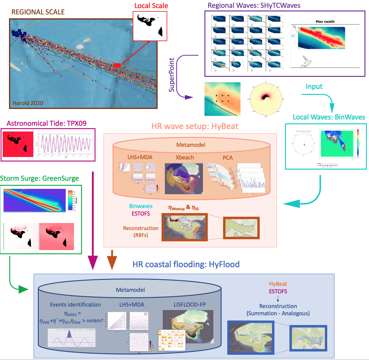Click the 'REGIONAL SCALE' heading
coord(38,12)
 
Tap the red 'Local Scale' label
coord(151,6)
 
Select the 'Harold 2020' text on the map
coord(28,103)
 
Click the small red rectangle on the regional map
coord(117,65)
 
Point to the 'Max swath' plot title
coord(325,22)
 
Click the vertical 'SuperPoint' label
coord(171,75)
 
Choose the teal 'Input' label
coord(314,87)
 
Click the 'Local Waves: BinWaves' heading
coord(329,117)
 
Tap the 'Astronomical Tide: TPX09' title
coord(47,123)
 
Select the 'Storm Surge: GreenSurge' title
coord(39,178)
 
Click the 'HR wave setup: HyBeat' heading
coord(195,126)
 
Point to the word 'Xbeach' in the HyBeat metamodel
coord(185,158)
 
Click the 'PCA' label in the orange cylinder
coord(228,158)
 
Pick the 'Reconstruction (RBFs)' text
coord(141,231)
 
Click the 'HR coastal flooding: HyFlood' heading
coord(186,264)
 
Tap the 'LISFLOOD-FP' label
coord(189,304)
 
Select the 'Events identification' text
coord(75,304)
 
